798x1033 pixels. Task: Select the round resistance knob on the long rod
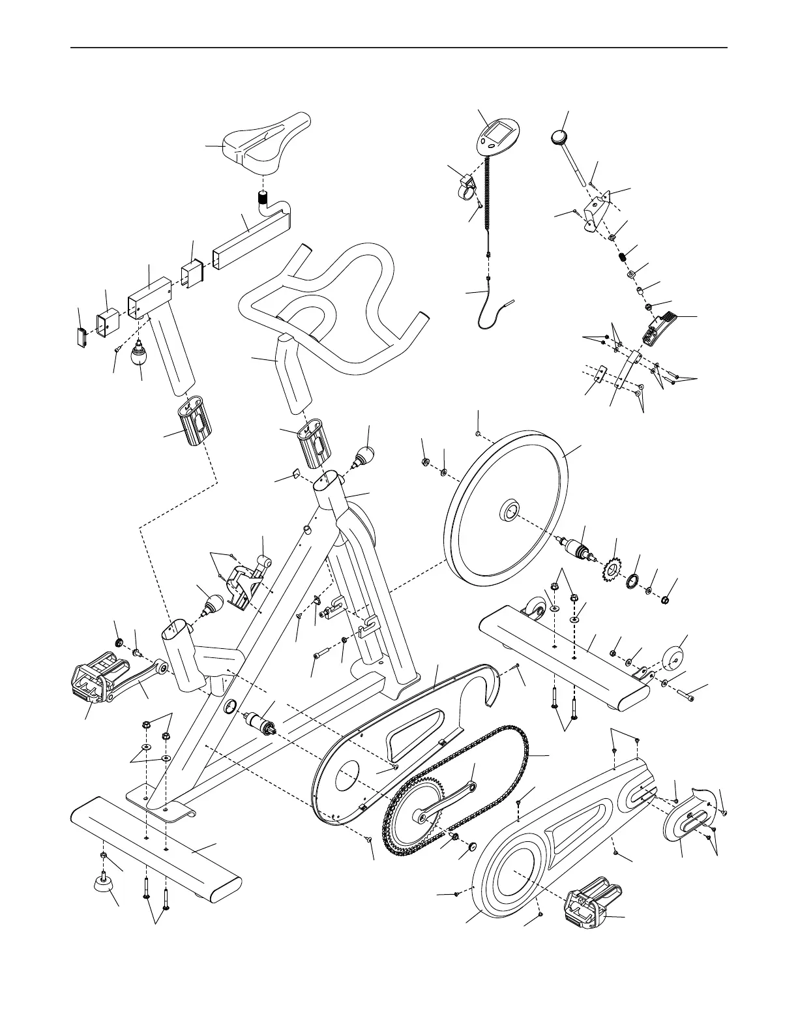[559, 138]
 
